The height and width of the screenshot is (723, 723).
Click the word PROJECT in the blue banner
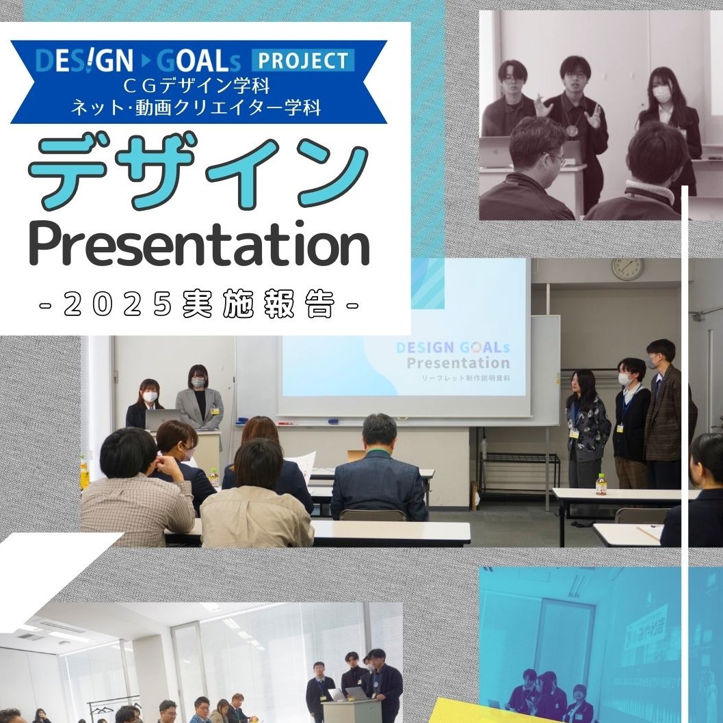[x=303, y=60]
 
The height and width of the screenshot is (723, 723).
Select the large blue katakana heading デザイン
[x=198, y=171]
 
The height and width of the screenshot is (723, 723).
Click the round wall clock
[x=627, y=268]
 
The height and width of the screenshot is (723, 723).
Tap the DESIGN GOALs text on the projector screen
[x=453, y=347]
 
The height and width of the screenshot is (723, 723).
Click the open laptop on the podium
[x=162, y=419]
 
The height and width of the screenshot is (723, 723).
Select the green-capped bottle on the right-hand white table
[x=601, y=484]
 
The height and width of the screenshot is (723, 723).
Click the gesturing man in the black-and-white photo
[x=576, y=113]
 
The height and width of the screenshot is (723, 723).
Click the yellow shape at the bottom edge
[x=479, y=711]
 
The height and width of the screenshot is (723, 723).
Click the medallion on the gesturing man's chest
[x=572, y=130]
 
